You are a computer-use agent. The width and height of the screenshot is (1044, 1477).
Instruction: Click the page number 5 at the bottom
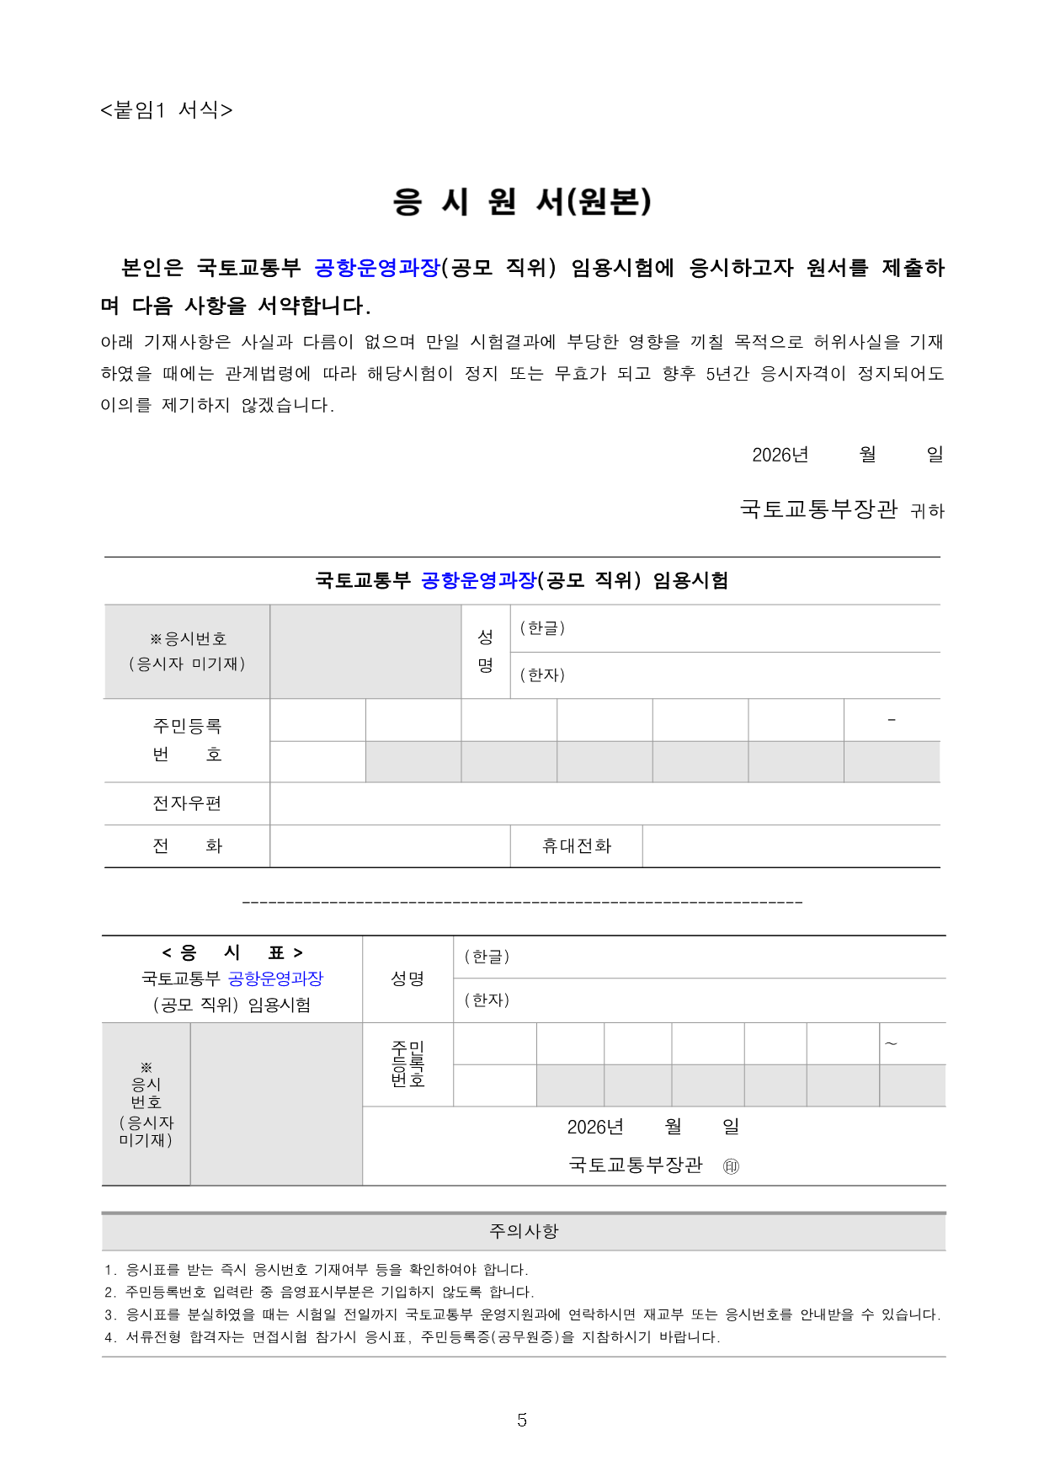[522, 1420]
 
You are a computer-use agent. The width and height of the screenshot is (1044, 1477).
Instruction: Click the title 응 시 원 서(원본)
[522, 201]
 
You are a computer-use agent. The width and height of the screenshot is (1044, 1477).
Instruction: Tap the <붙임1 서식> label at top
[166, 109]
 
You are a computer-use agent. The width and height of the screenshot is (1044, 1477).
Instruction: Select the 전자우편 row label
[187, 803]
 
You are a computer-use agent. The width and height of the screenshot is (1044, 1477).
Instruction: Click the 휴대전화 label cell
[577, 845]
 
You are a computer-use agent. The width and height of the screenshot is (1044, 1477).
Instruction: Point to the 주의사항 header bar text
[524, 1231]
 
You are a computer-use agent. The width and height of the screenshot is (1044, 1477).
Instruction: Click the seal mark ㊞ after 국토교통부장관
[731, 1166]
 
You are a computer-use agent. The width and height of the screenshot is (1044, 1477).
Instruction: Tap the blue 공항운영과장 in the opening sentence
[377, 268]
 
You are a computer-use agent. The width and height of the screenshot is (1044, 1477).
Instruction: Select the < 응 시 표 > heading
[232, 952]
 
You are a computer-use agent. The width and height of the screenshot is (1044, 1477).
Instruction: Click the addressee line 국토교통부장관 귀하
[842, 509]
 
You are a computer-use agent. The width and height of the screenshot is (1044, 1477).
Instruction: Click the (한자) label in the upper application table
[542, 675]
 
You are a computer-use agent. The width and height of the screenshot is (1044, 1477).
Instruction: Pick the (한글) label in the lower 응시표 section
[487, 957]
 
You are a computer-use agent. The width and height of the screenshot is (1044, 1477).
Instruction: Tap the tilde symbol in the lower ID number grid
[891, 1044]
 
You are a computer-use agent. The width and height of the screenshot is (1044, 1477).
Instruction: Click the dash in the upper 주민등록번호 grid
[892, 720]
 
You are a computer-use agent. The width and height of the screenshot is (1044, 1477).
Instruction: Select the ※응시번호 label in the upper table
[188, 639]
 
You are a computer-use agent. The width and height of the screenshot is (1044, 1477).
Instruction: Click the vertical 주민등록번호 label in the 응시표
[408, 1064]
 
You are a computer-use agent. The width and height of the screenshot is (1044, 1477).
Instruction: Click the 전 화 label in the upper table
[187, 845]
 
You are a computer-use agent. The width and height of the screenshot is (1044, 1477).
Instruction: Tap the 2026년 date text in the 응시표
[595, 1127]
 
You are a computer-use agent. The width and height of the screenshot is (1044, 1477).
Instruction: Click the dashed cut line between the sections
[522, 902]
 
